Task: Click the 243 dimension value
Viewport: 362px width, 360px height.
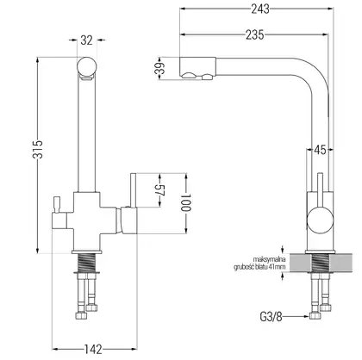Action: tap(260, 9)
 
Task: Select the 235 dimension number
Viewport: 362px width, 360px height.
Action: tap(254, 34)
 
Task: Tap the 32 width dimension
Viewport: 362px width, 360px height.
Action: tap(86, 40)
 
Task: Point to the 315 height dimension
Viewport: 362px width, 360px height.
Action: tap(38, 149)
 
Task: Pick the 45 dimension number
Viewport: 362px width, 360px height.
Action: tap(320, 150)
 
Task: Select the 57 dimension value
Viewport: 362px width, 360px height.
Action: tap(159, 189)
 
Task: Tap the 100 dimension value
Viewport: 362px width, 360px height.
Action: tap(186, 202)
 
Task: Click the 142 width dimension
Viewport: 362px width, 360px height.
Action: tap(93, 350)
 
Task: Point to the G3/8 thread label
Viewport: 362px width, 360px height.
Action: tap(271, 317)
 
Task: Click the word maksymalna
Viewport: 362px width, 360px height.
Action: tap(269, 259)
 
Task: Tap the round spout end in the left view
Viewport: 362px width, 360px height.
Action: tap(87, 66)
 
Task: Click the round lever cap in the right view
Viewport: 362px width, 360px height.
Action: tap(321, 220)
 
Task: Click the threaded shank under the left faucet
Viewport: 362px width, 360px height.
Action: tap(86, 263)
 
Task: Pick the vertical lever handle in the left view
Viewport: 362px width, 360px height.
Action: tap(133, 190)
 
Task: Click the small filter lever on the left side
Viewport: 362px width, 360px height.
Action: tap(56, 204)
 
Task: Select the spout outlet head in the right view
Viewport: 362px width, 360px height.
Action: tap(197, 68)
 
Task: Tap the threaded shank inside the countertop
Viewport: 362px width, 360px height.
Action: tap(321, 263)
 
